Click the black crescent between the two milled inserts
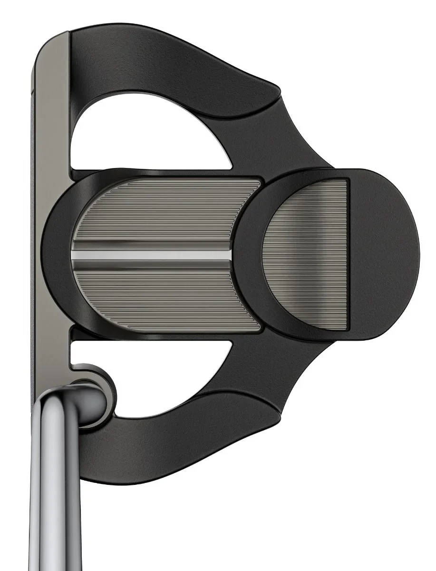click(x=250, y=257)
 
